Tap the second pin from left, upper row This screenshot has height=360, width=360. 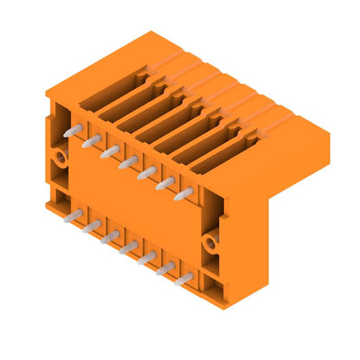[91, 141]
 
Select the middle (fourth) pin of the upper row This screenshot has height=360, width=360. [127, 162]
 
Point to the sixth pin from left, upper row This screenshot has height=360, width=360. [164, 183]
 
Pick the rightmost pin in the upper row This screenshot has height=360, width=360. [183, 195]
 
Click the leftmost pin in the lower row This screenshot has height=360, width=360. [74, 215]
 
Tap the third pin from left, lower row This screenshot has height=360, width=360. [110, 236]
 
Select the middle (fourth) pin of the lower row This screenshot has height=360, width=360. [128, 247]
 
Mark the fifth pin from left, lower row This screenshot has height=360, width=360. [146, 258]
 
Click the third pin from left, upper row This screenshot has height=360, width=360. [109, 151]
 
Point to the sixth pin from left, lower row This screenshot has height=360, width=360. [164, 268]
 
